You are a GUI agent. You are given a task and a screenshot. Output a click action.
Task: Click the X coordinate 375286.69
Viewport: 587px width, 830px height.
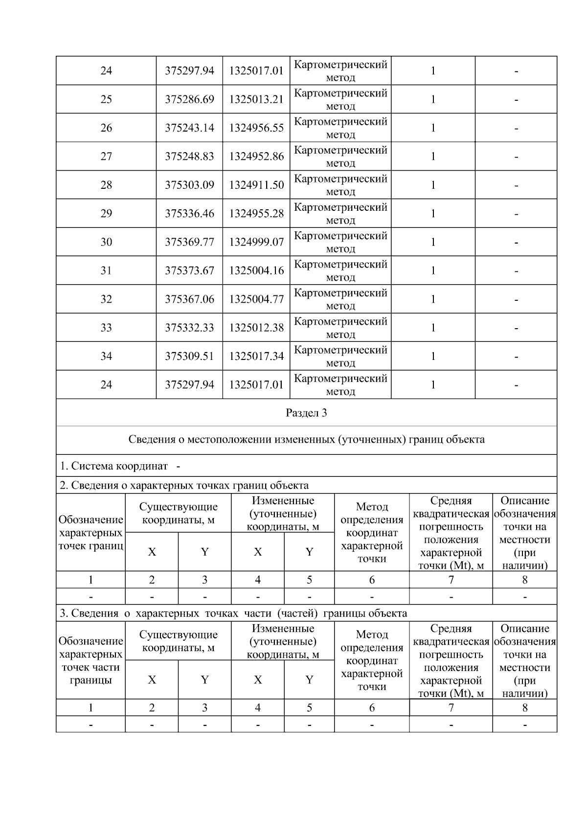coord(189,99)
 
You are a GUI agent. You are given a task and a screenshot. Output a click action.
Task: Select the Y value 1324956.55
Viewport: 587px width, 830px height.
coord(256,128)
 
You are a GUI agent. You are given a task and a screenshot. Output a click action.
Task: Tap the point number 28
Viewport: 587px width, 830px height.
coord(106,185)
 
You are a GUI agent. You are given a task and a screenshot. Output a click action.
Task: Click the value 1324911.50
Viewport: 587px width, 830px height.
coord(256,185)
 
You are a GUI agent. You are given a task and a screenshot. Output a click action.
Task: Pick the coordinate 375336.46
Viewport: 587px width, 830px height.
coord(189,213)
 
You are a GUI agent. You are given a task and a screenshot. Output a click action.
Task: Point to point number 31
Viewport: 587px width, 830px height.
coord(106,270)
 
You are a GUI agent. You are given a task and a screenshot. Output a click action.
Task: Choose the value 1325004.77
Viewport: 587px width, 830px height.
coord(256,299)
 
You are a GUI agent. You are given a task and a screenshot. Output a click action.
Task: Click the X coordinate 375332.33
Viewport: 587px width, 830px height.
coord(189,328)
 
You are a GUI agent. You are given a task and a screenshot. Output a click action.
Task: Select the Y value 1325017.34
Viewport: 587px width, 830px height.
coord(256,356)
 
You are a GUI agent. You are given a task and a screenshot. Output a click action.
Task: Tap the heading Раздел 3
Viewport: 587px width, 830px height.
coord(306,413)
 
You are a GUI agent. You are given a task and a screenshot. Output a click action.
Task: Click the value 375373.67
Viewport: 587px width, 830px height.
coord(189,270)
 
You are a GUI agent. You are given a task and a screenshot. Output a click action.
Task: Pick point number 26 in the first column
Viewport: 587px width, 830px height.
coord(106,128)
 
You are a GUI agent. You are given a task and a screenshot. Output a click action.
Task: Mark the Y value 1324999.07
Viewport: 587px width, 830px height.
coord(256,242)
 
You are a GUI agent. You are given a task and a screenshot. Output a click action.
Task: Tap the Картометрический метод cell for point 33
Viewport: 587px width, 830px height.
coord(340,328)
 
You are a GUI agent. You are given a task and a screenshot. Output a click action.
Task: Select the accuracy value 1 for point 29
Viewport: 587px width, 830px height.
coord(433,213)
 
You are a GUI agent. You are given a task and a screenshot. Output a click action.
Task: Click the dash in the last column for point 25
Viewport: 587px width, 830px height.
coord(516,99)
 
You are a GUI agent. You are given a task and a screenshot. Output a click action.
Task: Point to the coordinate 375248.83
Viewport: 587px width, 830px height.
coord(189,157)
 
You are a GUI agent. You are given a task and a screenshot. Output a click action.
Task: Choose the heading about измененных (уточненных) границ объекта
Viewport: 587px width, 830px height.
coord(306,439)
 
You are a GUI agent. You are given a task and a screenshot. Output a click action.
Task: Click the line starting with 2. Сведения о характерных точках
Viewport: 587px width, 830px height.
coord(184,485)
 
